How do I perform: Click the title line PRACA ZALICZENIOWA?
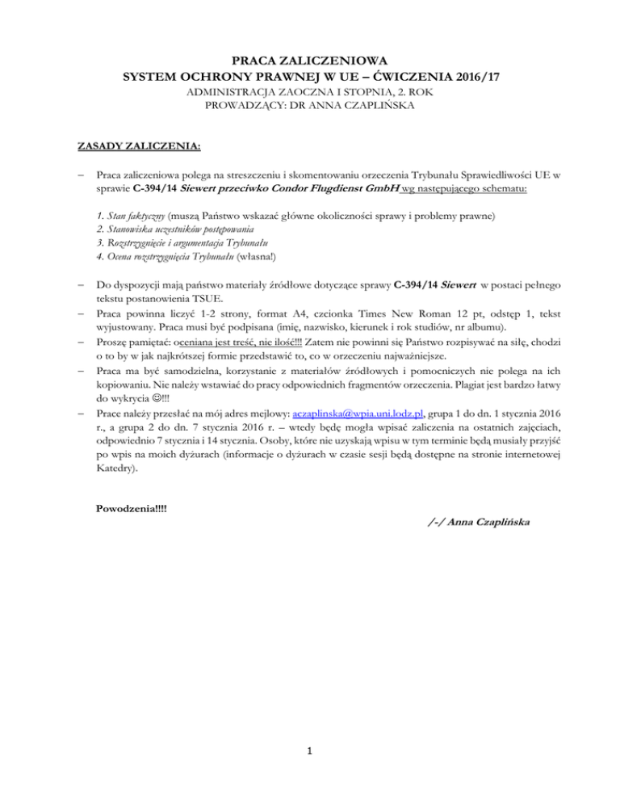pyautogui.click(x=309, y=59)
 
